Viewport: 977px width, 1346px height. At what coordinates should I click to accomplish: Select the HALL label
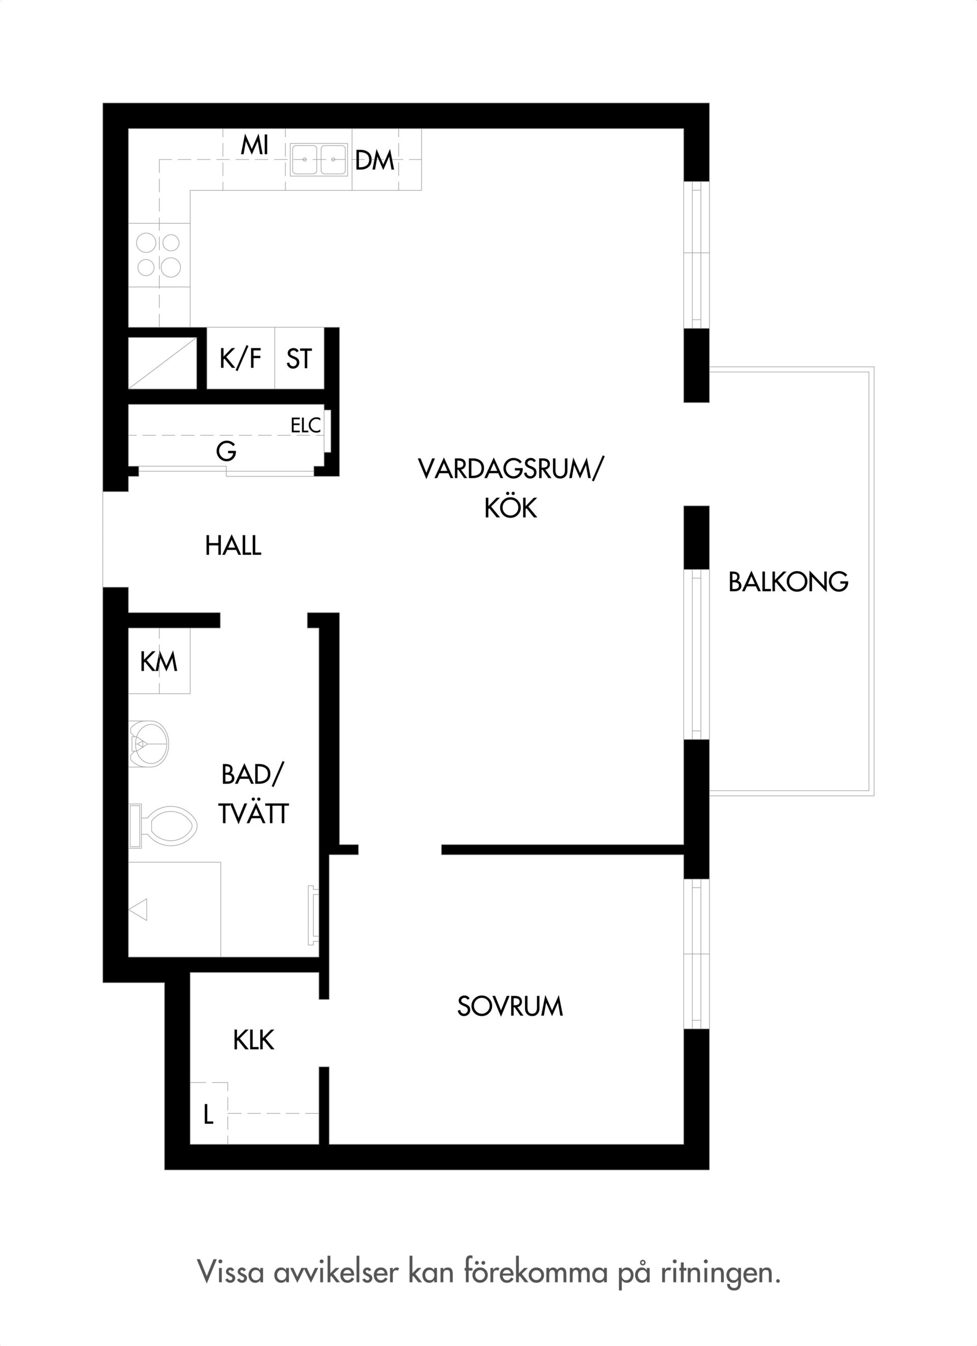pyautogui.click(x=233, y=545)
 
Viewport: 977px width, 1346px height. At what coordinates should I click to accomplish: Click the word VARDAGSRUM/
pyautogui.click(x=510, y=469)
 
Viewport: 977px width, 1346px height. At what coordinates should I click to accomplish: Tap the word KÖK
pyautogui.click(x=511, y=508)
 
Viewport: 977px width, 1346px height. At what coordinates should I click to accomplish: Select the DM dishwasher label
pyautogui.click(x=375, y=160)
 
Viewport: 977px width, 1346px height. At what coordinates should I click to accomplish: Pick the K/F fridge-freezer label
pyautogui.click(x=240, y=358)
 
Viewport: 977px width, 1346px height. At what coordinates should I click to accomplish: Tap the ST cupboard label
pyautogui.click(x=298, y=358)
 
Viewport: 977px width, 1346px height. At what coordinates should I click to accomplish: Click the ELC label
pyautogui.click(x=305, y=425)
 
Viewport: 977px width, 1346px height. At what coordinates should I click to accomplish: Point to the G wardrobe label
pyautogui.click(x=226, y=451)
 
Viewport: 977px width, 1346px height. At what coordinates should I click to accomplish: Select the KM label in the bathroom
pyautogui.click(x=159, y=662)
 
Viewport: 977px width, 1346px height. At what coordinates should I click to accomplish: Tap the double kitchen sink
pyautogui.click(x=319, y=160)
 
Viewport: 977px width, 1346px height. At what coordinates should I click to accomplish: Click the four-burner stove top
pyautogui.click(x=159, y=255)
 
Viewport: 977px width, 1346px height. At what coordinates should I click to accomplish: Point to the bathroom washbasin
pyautogui.click(x=149, y=743)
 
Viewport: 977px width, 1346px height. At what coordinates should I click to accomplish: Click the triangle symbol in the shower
pyautogui.click(x=138, y=910)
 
